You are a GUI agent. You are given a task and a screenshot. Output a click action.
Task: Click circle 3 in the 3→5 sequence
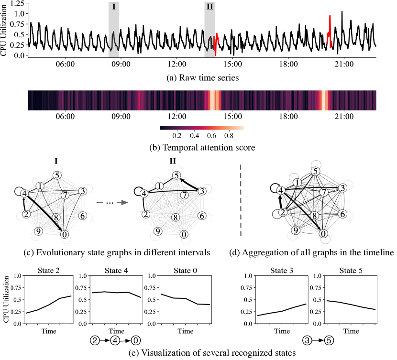306,341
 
